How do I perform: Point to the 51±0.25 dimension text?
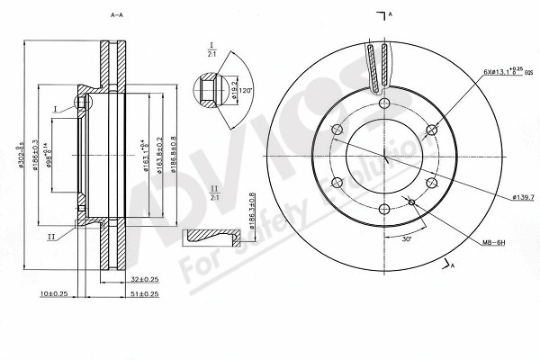click(143, 294)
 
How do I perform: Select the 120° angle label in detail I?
click(246, 90)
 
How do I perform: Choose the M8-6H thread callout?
click(495, 240)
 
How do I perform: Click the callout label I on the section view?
click(55, 108)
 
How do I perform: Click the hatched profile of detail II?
click(211, 238)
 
